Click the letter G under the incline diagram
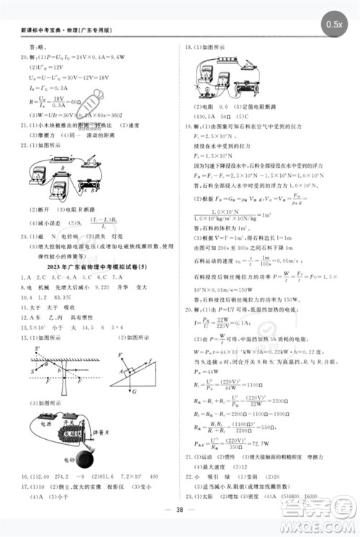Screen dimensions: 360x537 (x=135, y=392)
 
